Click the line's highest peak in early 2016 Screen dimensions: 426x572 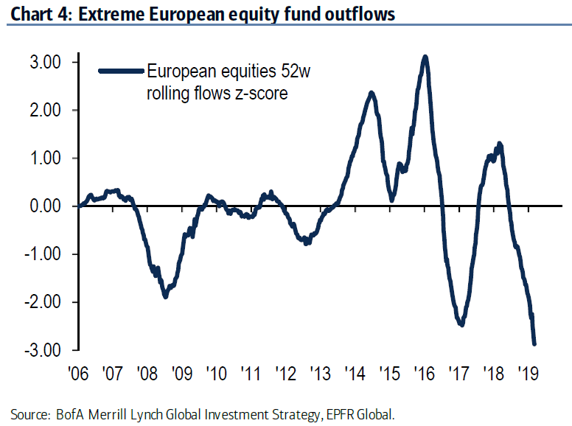[425, 57]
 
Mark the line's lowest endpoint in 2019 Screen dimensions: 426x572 [534, 343]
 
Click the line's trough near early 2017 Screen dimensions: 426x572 [461, 324]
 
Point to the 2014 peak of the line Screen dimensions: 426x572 [372, 93]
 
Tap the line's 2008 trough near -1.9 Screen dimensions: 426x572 [165, 296]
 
